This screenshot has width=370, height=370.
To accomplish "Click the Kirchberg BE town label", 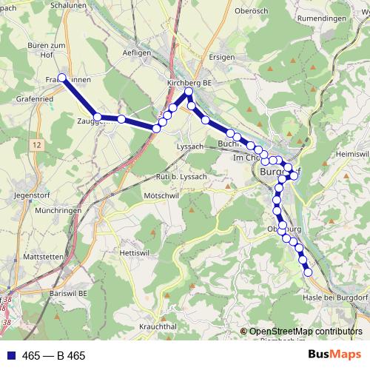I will pos(189,84).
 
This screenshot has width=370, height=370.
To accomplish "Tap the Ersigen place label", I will pos(222,57).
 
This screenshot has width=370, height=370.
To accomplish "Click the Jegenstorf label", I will pos(30,195).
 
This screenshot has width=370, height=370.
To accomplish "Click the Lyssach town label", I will pos(190,147).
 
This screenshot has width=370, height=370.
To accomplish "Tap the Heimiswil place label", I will pos(351,153).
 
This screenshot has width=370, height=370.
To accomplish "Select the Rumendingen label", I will pos(321,18).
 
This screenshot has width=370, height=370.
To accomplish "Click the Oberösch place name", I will pos(249,10).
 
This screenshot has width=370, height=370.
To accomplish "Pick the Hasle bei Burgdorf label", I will pos(335,297).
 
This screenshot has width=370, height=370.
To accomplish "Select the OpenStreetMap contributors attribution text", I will pos(306,332).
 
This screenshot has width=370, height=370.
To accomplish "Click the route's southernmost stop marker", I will pos(309,273).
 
